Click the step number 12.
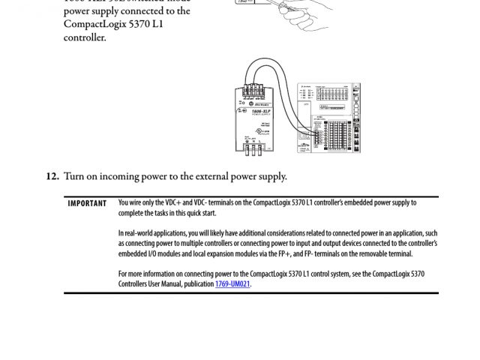[52, 177]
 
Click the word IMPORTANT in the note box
[87, 203]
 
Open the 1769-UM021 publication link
[232, 284]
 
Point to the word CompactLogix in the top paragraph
[97, 24]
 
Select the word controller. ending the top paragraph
[85, 37]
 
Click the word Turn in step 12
[74, 177]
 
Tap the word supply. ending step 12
[270, 177]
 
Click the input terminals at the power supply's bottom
[256, 149]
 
